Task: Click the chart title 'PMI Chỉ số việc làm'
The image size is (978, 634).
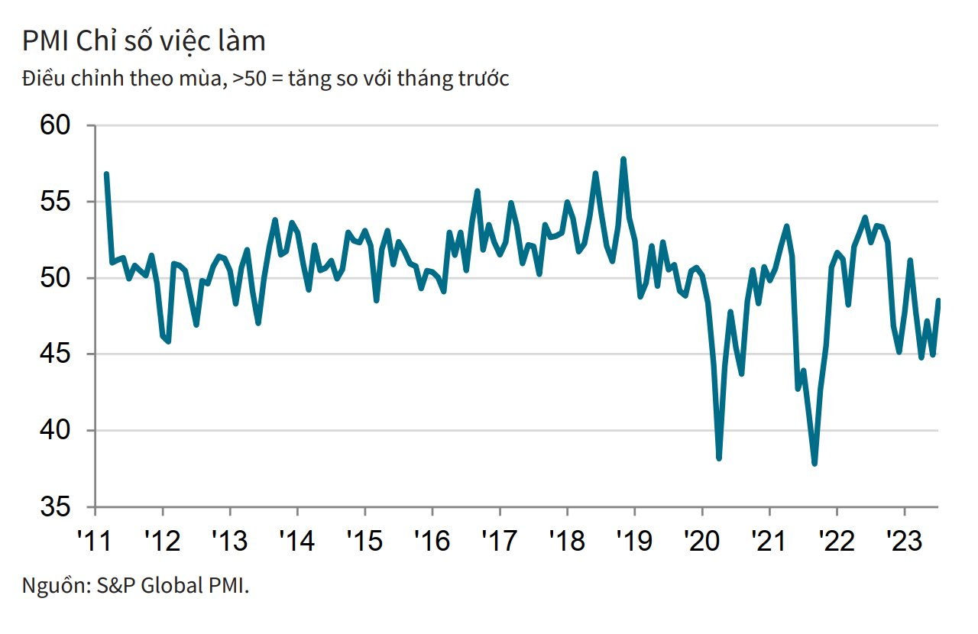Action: tap(144, 41)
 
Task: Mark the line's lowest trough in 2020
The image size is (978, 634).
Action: tap(719, 458)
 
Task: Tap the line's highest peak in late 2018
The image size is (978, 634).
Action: tap(623, 159)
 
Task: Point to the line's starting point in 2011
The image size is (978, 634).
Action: tap(106, 174)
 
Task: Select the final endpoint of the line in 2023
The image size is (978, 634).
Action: tap(938, 300)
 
